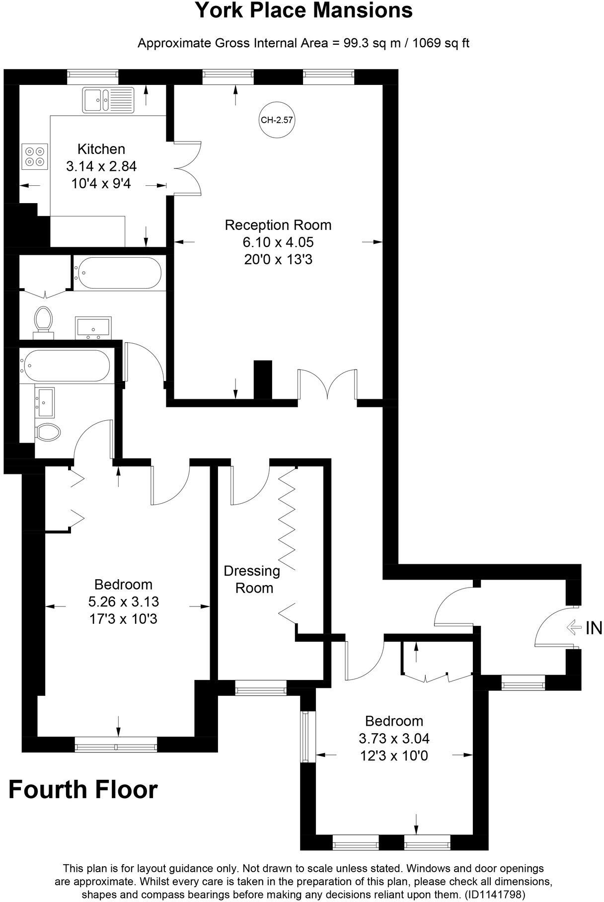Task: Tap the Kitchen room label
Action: [101, 149]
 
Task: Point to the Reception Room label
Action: [278, 225]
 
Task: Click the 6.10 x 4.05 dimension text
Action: [278, 242]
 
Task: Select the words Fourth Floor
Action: [83, 790]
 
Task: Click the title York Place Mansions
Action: [303, 11]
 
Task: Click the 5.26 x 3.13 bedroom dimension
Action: [124, 601]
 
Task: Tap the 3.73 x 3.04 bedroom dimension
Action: [394, 739]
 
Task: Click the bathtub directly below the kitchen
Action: [118, 272]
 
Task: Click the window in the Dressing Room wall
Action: [261, 689]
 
